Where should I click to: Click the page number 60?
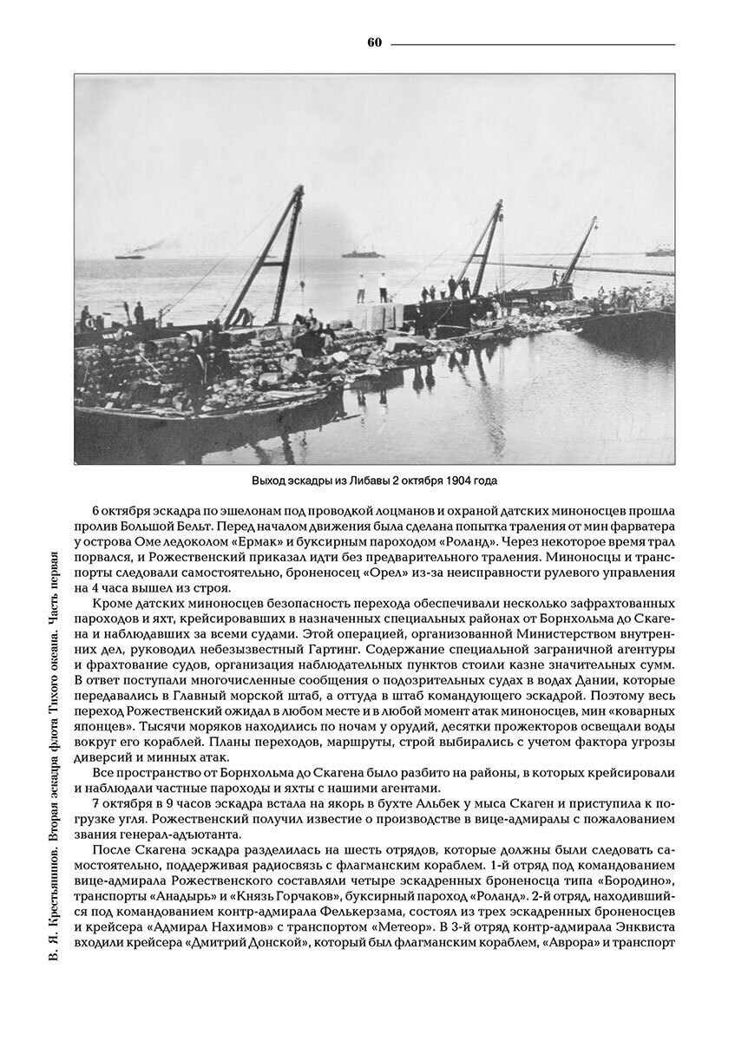tap(375, 43)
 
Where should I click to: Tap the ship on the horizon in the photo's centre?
tap(363, 254)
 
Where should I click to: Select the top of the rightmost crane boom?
tap(594, 220)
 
